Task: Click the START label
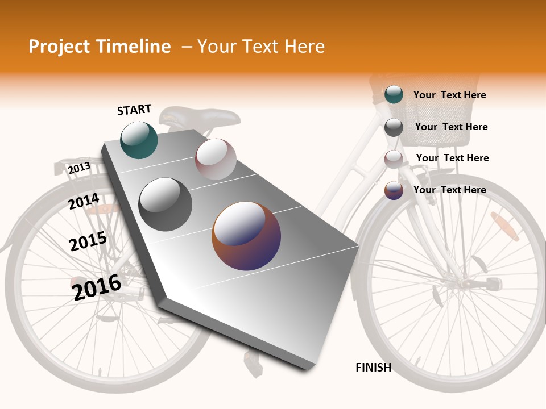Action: (x=134, y=110)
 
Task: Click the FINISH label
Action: (x=373, y=368)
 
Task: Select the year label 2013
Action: (x=79, y=168)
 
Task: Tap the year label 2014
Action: (x=84, y=201)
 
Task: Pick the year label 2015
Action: (x=88, y=241)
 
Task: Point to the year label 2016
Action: (x=97, y=287)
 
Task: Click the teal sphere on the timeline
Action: (x=139, y=140)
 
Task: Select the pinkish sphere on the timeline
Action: (x=216, y=159)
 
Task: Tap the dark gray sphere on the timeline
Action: (x=166, y=204)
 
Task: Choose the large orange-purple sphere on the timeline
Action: (x=246, y=235)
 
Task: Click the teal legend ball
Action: (x=394, y=94)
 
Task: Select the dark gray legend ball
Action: (x=394, y=127)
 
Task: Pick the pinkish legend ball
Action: (x=394, y=159)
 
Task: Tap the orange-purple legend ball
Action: (x=394, y=190)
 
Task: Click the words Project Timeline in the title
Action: (x=100, y=47)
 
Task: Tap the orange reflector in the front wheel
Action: (x=504, y=226)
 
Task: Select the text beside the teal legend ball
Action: (x=449, y=95)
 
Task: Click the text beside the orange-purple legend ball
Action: (x=449, y=190)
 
